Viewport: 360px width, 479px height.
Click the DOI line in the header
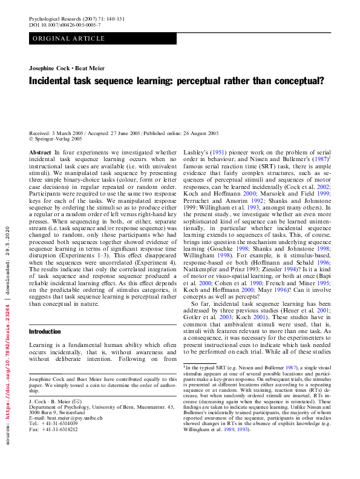pos(65,26)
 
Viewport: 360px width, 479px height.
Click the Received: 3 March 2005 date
pos(56,133)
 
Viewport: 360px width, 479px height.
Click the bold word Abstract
pos(40,153)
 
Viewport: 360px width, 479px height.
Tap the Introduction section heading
pos(45,331)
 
